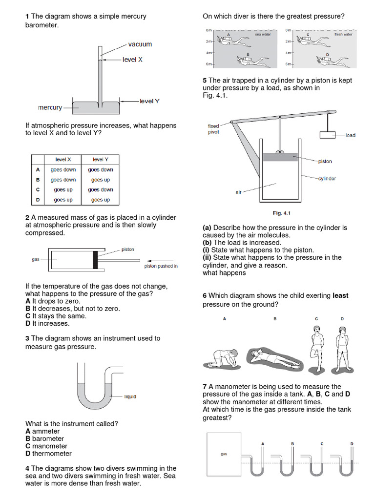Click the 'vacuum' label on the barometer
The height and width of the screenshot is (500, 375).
[140, 44]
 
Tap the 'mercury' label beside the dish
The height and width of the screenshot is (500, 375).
[50, 107]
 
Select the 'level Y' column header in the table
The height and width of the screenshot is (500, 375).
[100, 160]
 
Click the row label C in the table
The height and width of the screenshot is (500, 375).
[38, 189]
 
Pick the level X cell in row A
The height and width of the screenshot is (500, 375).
[63, 170]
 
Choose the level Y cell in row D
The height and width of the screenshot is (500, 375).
[100, 200]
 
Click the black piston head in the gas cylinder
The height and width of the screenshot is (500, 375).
[95, 259]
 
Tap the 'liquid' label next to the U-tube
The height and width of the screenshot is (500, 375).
[130, 396]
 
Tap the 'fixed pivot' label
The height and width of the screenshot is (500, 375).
[213, 129]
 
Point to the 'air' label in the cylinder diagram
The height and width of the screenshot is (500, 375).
[239, 192]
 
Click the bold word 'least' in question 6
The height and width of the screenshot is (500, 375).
[340, 295]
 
